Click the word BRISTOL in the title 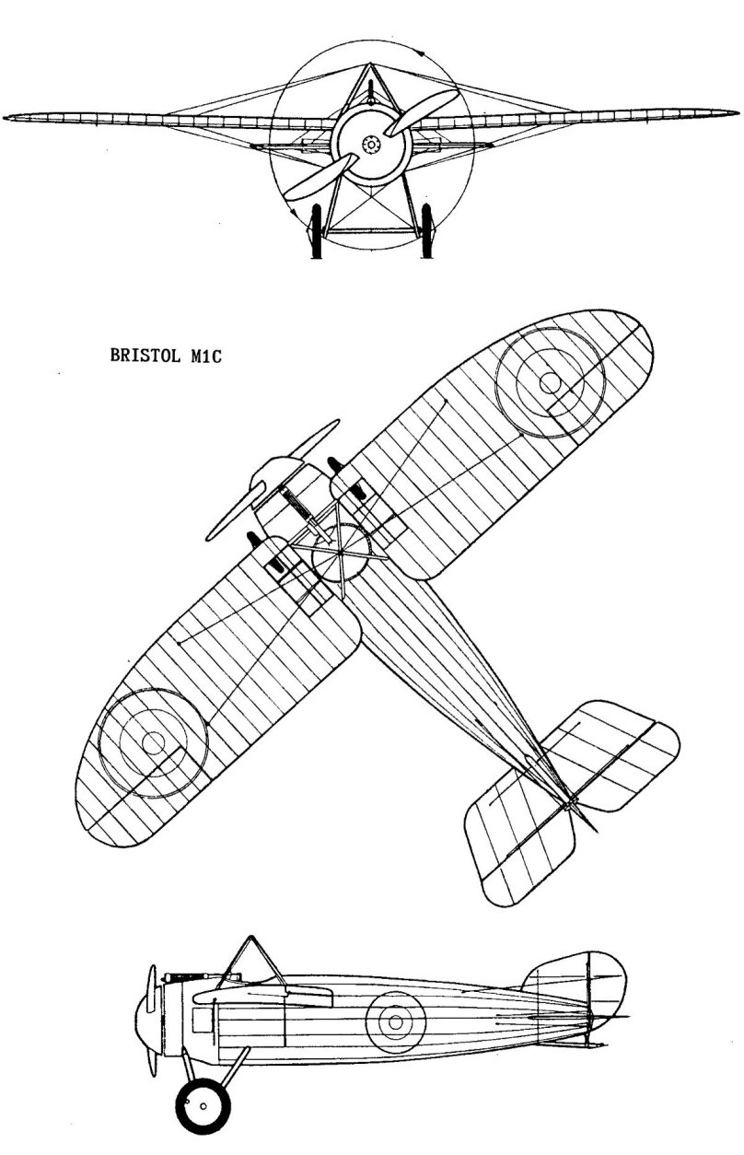click(x=145, y=356)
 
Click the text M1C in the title click(x=205, y=356)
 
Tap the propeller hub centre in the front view click(x=371, y=145)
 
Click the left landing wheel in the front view click(x=316, y=230)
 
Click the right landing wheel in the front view click(x=426, y=230)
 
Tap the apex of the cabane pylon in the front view click(x=369, y=64)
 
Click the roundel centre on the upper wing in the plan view click(x=550, y=383)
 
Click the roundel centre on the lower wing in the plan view click(x=153, y=743)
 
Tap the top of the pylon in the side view click(x=251, y=937)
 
